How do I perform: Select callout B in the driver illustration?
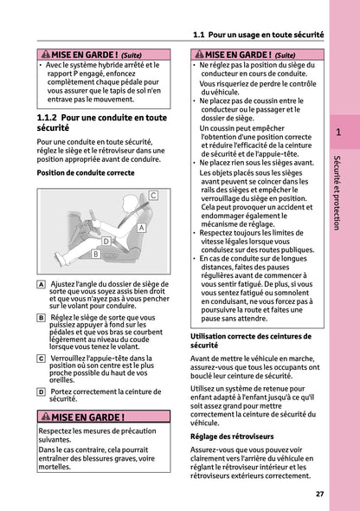coord(95,254)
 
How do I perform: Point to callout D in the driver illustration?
coord(106,241)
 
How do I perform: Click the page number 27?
coord(319,494)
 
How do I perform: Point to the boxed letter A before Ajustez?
coord(42,284)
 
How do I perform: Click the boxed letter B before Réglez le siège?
coord(42,318)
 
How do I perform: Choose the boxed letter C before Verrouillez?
coord(42,358)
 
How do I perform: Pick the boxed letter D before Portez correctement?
coord(42,391)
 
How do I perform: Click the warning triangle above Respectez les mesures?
coord(55,417)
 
